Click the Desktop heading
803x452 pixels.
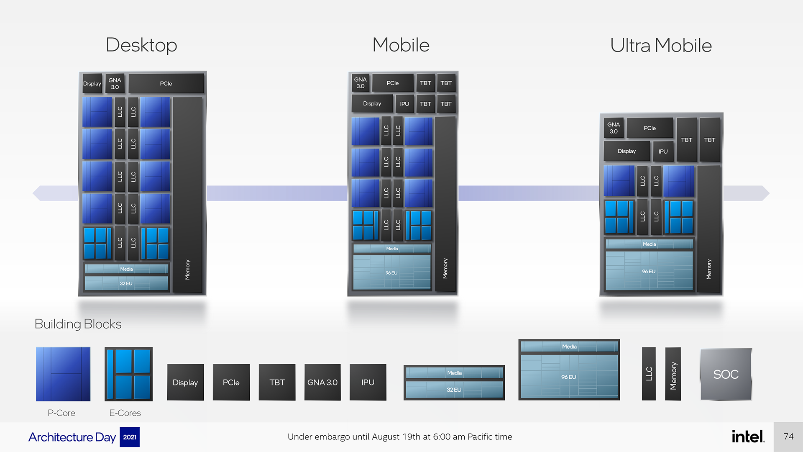tap(141, 45)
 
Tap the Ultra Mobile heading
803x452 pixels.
tap(661, 45)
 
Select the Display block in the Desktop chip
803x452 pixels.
tap(92, 84)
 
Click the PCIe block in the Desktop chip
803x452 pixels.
tap(166, 84)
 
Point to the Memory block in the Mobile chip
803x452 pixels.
tap(445, 204)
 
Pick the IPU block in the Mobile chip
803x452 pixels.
tap(404, 104)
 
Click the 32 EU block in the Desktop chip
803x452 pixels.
tap(126, 283)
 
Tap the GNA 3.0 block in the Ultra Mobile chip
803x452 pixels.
tap(614, 128)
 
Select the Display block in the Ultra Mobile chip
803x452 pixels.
tap(627, 151)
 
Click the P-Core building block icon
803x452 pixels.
tap(63, 374)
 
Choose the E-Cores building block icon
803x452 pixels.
tap(128, 374)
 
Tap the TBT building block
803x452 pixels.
tap(277, 382)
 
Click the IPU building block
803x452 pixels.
tap(368, 382)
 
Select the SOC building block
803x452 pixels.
tap(726, 374)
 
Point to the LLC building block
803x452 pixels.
tap(649, 374)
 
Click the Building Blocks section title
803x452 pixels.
tap(78, 324)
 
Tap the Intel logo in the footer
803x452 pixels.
tap(748, 437)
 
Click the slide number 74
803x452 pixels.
tap(788, 437)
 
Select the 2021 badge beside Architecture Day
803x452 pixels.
tap(130, 437)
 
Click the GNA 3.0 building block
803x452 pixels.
tap(322, 382)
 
